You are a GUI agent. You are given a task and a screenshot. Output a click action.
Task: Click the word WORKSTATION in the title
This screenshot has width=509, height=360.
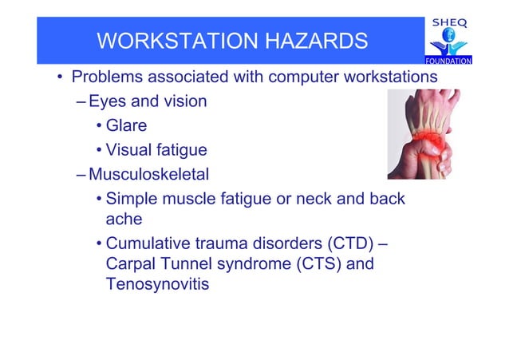click(x=178, y=41)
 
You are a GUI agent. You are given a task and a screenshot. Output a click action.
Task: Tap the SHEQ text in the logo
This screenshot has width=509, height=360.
click(x=449, y=23)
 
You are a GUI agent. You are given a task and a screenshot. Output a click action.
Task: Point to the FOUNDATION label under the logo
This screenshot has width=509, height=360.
click(x=448, y=61)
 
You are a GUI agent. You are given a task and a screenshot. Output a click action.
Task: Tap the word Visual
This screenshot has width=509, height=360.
click(x=130, y=149)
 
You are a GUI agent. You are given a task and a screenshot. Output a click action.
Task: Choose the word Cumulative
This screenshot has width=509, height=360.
click(x=148, y=243)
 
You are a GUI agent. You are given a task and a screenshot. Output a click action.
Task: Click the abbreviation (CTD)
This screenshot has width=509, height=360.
click(x=348, y=243)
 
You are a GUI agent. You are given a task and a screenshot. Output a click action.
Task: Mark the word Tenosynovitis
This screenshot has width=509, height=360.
click(x=157, y=284)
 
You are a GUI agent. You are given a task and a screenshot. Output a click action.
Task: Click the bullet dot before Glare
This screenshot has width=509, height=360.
click(x=98, y=126)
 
